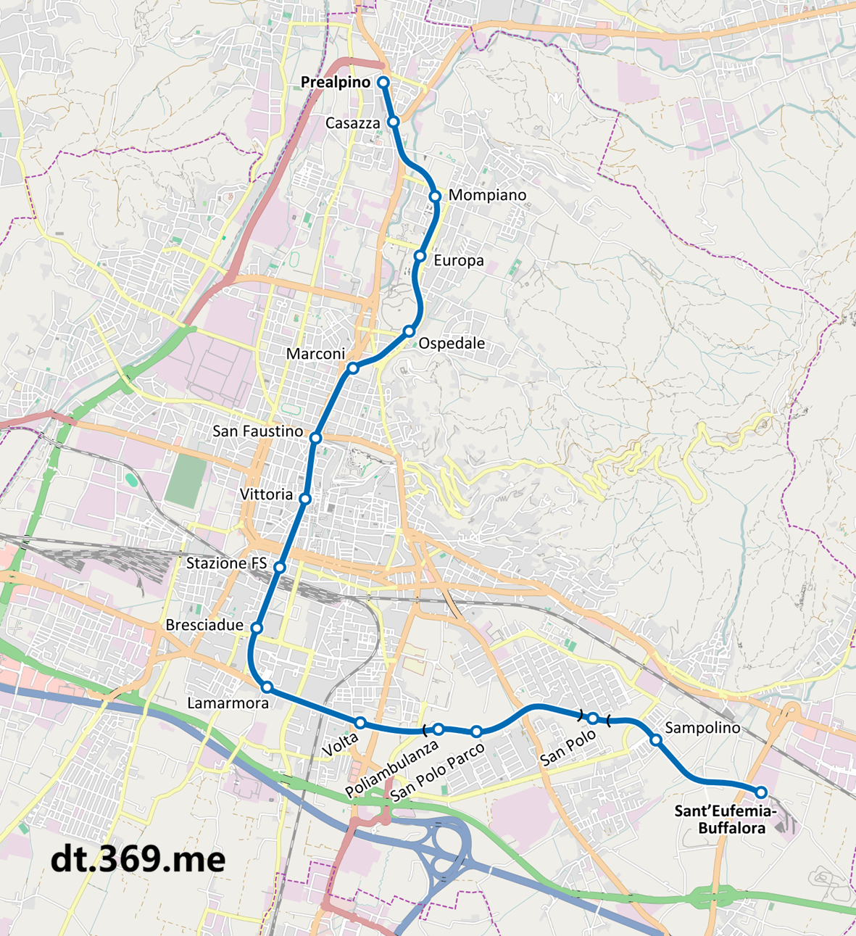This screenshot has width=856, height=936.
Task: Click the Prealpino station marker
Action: click(383, 83)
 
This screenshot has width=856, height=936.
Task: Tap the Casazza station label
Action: click(352, 123)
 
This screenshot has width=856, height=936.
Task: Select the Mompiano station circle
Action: click(435, 196)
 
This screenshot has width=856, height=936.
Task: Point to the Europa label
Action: click(458, 260)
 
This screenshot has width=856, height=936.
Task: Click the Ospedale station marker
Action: click(409, 331)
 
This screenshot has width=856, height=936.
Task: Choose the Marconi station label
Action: click(315, 354)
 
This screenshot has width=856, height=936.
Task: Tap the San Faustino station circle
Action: click(315, 438)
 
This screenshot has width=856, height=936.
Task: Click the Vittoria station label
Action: click(266, 494)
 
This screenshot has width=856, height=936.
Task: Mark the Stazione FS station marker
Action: click(280, 567)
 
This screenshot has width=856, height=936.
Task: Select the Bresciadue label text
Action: click(204, 625)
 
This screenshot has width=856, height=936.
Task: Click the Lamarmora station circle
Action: click(267, 687)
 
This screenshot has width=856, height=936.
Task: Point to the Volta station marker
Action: click(360, 722)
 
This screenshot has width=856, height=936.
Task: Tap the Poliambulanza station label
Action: click(392, 768)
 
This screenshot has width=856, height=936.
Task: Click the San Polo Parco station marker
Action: click(476, 732)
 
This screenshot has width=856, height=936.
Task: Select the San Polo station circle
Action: click(593, 718)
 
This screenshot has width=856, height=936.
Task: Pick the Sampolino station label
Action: click(702, 728)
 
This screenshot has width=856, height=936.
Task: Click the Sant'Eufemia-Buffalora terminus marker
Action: click(761, 792)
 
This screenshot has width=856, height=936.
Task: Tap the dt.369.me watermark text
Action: click(138, 859)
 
